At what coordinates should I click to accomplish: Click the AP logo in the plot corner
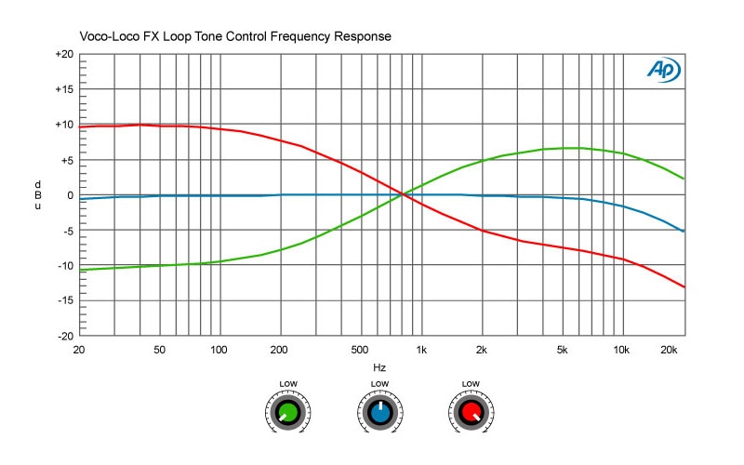(664, 71)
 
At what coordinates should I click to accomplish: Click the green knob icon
(288, 411)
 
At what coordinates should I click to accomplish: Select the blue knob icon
(379, 411)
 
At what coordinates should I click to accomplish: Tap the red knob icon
(471, 411)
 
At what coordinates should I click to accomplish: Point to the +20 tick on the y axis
(64, 55)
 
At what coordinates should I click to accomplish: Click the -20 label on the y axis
(64, 336)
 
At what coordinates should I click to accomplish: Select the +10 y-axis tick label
(64, 125)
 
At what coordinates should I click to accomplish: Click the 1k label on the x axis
(420, 350)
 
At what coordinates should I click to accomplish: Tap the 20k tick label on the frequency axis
(667, 350)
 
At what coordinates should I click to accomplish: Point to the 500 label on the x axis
(360, 350)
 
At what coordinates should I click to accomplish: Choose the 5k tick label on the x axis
(562, 350)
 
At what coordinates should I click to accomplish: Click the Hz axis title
(379, 367)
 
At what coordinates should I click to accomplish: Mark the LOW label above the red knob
(471, 384)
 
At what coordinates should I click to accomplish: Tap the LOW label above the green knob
(288, 384)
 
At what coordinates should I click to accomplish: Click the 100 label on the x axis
(219, 350)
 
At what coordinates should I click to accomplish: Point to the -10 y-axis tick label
(64, 265)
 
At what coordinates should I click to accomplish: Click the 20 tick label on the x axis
(80, 350)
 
